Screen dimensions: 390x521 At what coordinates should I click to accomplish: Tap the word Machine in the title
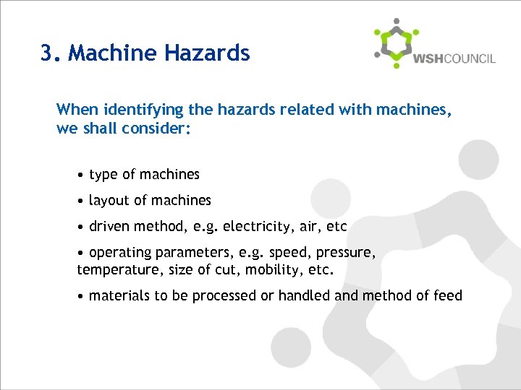click(115, 53)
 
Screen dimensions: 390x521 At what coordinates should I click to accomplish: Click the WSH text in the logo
click(427, 58)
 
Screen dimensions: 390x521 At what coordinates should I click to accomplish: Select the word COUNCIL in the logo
click(469, 58)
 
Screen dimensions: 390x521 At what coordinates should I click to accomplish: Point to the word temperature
click(114, 271)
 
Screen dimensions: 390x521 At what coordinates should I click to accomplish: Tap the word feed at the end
click(448, 295)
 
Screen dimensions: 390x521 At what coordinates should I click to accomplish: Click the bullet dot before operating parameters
click(81, 253)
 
